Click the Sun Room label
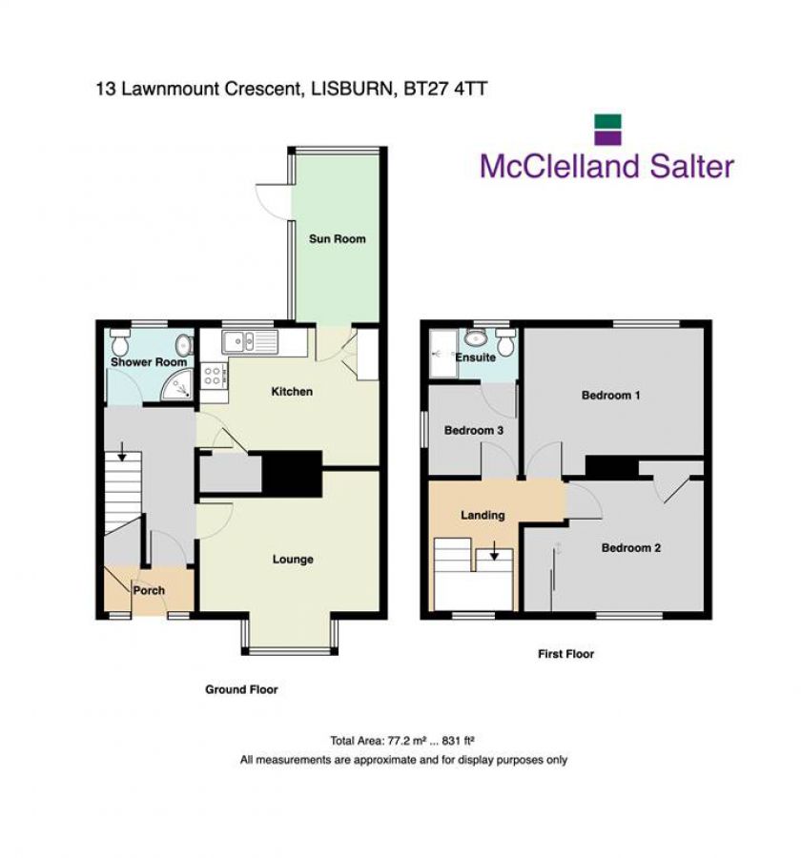[337, 238]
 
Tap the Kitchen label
[292, 392]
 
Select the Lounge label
[293, 560]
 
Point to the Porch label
[149, 591]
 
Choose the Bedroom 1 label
[610, 395]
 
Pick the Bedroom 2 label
[630, 548]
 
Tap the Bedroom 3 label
[474, 431]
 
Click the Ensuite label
[475, 357]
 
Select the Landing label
[483, 516]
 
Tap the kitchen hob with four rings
[214, 375]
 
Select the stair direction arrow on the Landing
[494, 552]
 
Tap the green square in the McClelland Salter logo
[607, 122]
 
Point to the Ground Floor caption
[241, 689]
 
